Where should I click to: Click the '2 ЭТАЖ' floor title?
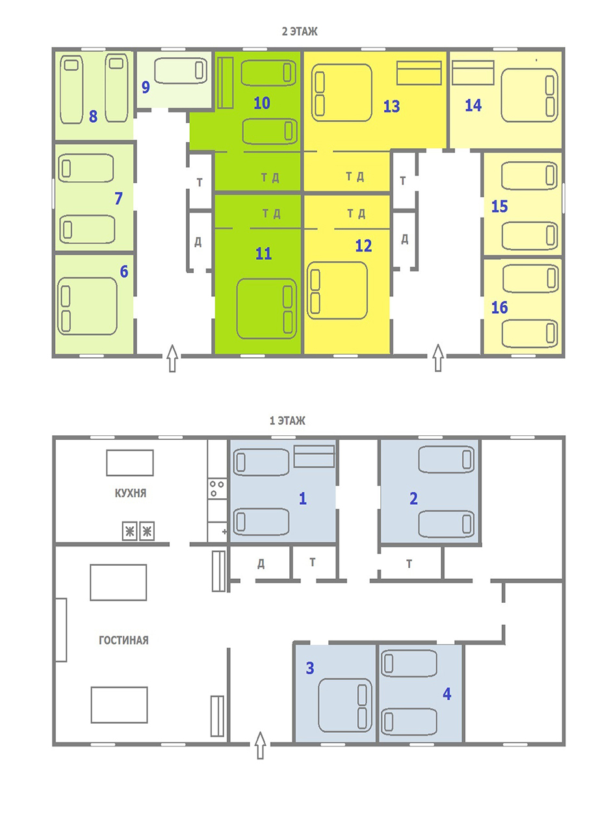pos(300,32)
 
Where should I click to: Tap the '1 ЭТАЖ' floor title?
pos(287,420)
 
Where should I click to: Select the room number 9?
pos(146,88)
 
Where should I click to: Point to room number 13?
pos(391,107)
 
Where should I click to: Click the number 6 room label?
pos(124,272)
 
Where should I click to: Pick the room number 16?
pos(499,307)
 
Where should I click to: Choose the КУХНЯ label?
pos(130,493)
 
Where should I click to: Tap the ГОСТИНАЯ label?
pos(123,641)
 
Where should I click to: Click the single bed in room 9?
pos(181,70)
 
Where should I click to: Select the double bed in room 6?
pos(87,307)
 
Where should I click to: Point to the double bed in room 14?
pos(529,95)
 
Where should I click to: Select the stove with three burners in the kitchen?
pos(217,489)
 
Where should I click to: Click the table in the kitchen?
pos(130,463)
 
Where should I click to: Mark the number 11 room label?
pos(264,253)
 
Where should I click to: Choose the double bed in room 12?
pos(337,290)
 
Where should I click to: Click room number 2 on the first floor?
pos(413,498)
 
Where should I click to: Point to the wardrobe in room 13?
pos(419,73)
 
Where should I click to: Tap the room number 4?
pos(447,694)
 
